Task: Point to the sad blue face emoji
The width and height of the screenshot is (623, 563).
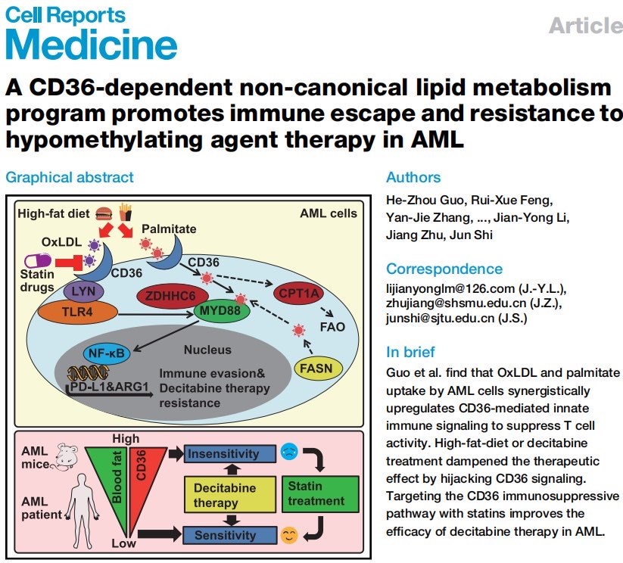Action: (x=288, y=454)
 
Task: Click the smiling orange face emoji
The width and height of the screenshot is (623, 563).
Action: (x=288, y=536)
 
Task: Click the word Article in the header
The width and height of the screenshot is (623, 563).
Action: (x=584, y=25)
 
